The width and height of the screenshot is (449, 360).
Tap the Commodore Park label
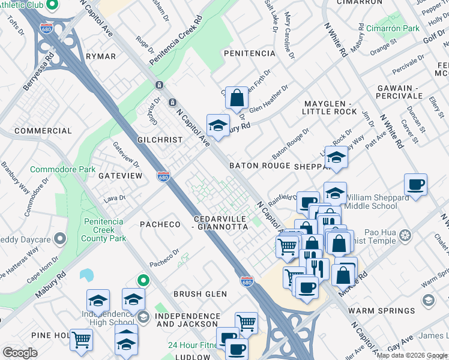click(x=63, y=170)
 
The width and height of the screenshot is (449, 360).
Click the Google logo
click(x=20, y=353)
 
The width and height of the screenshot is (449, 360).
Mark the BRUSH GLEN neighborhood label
click(x=200, y=294)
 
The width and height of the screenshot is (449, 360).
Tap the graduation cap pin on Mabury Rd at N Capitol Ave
click(x=218, y=125)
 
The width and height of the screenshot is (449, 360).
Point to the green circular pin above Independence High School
click(x=143, y=280)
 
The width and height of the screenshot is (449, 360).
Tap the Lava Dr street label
click(x=114, y=197)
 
